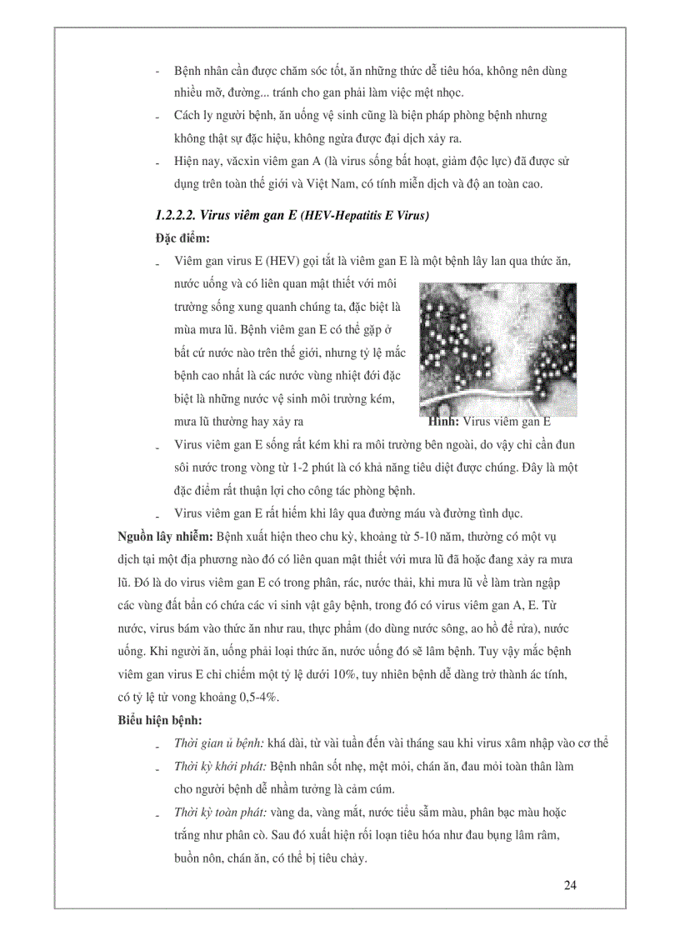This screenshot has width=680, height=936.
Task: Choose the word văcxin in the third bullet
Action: click(239, 160)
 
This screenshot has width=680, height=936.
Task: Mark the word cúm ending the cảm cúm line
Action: click(379, 788)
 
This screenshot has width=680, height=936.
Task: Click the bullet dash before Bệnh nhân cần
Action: click(157, 72)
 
